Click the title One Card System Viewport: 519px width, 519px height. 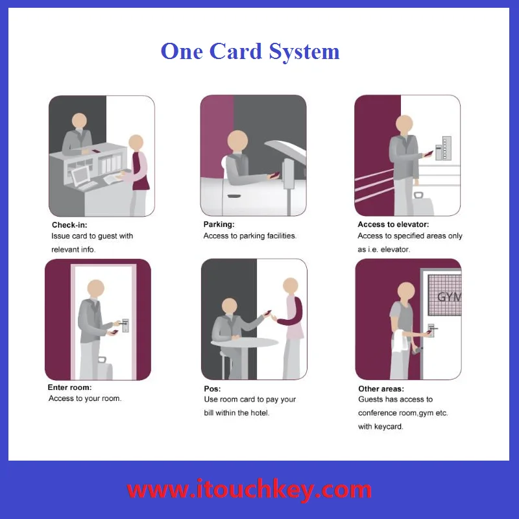pyautogui.click(x=250, y=51)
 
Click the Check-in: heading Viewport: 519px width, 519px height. pyautogui.click(x=71, y=224)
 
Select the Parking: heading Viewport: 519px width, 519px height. pyautogui.click(x=219, y=224)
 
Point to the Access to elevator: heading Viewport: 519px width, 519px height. pyautogui.click(x=393, y=224)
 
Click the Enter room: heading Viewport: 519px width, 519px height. pyautogui.click(x=69, y=387)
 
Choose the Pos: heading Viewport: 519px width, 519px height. pyautogui.click(x=212, y=389)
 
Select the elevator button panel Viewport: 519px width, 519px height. pyautogui.click(x=446, y=148)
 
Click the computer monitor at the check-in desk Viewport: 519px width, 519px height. pyautogui.click(x=81, y=175)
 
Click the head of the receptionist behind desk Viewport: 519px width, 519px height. pyautogui.click(x=79, y=121)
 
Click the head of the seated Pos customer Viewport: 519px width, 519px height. pyautogui.click(x=229, y=306)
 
